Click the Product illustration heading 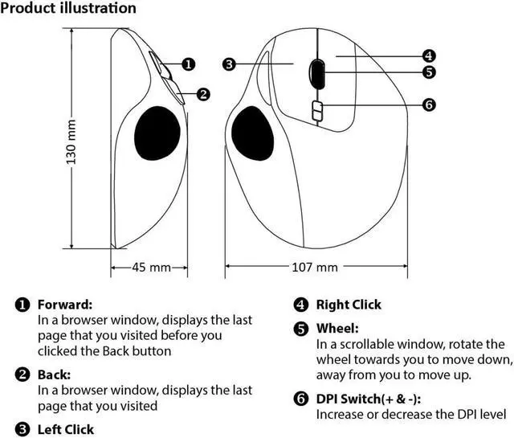tap(68, 9)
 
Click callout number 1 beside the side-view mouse tap(187, 63)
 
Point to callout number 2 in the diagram tap(203, 94)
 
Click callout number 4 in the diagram tap(429, 56)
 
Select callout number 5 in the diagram tap(429, 72)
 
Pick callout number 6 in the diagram tap(429, 105)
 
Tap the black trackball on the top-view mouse tap(252, 134)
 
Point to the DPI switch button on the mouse tap(316, 112)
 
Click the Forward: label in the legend tap(65, 305)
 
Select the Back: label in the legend tap(54, 374)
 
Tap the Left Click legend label tap(66, 429)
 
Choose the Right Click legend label tap(349, 305)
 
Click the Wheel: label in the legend tap(337, 328)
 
